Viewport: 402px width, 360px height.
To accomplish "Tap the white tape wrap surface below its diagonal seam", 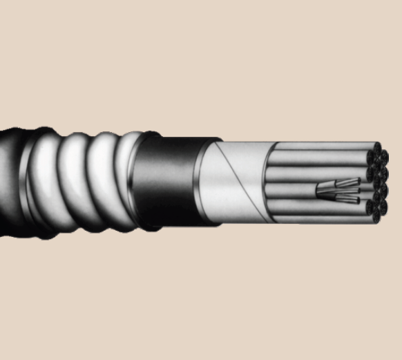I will [242, 204].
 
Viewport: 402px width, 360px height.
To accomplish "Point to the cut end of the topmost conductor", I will [376, 148].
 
